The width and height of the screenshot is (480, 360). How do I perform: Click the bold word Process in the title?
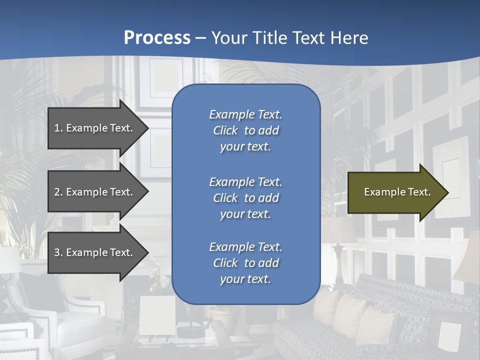click(157, 38)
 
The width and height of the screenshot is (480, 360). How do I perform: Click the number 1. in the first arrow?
click(58, 128)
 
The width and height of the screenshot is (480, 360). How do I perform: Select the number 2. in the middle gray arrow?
click(58, 192)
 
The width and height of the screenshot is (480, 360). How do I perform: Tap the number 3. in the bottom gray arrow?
click(58, 252)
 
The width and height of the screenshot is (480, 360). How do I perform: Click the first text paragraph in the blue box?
click(245, 130)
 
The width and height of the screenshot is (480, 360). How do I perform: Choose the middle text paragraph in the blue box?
click(245, 198)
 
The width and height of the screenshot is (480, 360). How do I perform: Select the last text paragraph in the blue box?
click(245, 263)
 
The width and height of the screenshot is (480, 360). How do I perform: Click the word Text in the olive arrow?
click(420, 192)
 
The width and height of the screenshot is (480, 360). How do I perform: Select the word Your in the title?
click(227, 38)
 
